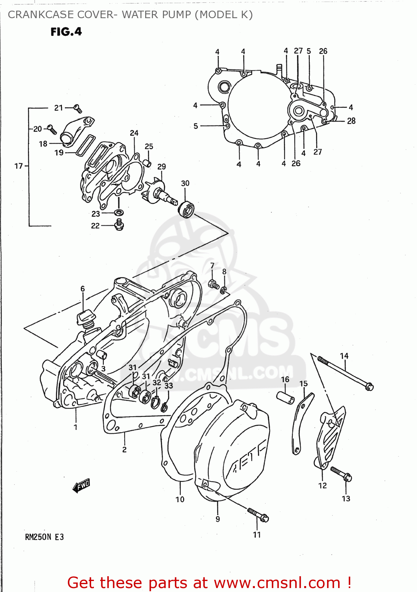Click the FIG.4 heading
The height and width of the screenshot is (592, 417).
coord(66,32)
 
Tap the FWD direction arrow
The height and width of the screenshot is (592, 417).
coord(82,485)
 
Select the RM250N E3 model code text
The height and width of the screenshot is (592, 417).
coord(44,537)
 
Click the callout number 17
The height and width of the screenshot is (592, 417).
coord(19,166)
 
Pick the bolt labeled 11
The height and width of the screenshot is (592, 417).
coord(258,515)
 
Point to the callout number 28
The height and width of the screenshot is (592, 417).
coord(351,121)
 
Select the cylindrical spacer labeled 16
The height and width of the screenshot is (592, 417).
coord(285,397)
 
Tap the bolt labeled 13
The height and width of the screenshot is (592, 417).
coord(341,474)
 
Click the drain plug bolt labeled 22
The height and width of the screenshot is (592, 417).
coord(119,225)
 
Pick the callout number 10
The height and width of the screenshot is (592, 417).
coord(180,499)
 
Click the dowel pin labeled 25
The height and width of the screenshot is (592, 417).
coord(147,163)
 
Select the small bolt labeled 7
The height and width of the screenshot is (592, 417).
coord(214,284)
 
